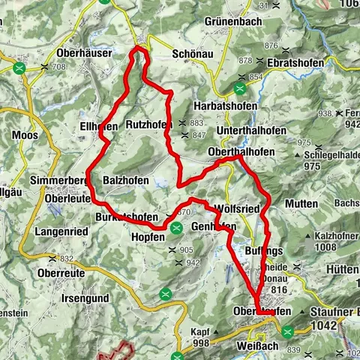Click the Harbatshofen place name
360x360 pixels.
[x=225, y=106]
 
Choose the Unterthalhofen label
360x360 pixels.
[x=232, y=129]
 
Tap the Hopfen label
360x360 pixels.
[x=148, y=236]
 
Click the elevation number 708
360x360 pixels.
[x=59, y=67]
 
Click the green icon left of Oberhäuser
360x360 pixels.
[x=21, y=67]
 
